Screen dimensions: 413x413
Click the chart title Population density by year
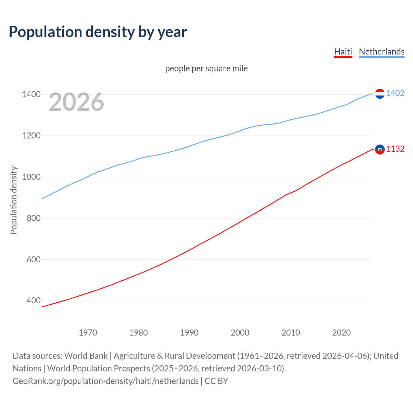98,32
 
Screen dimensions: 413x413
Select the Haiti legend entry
343,52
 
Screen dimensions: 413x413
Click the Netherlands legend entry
381,52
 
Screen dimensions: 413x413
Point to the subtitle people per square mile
206,68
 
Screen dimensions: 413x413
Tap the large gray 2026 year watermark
76,102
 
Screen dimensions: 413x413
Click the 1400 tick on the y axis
31,94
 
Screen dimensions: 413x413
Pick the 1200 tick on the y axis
31,136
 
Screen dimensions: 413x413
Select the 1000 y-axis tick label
31,177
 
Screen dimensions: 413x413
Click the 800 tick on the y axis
34,218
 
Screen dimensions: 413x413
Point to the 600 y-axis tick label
34,259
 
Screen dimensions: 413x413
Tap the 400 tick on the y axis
34,301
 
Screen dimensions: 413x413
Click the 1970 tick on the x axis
88,333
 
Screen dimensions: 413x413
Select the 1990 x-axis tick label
189,333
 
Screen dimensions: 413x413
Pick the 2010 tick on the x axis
291,333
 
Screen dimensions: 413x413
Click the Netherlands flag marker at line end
380,94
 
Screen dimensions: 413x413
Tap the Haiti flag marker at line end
380,149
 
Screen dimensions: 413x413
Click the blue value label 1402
395,93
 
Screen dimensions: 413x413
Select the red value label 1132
395,149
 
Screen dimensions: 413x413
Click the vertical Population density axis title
14,200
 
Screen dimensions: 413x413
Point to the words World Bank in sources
86,356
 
